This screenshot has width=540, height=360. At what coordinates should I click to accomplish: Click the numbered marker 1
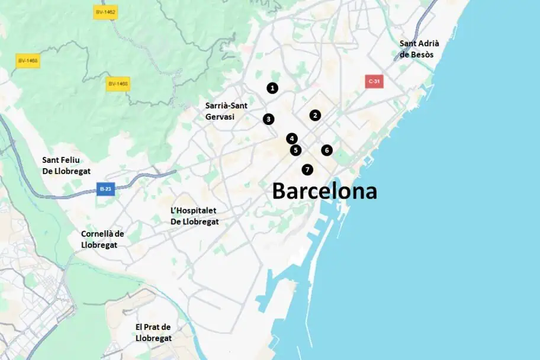point(272,88)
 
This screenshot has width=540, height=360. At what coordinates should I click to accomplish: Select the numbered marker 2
point(315,115)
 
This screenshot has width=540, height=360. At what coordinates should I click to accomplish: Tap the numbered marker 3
point(269,119)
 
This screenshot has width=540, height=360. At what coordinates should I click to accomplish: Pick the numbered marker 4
point(291,139)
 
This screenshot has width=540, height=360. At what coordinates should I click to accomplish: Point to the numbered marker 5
point(295,150)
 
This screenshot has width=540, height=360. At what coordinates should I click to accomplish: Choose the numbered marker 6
point(327,150)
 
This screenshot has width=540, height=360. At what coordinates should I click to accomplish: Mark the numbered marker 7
point(307,170)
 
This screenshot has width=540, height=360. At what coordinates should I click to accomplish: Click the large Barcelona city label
point(324,191)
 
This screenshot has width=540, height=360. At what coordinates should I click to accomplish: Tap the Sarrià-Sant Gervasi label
point(227,111)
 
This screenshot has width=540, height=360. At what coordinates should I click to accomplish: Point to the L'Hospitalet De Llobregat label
point(194,216)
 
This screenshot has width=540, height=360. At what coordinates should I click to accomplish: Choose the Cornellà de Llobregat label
point(102,239)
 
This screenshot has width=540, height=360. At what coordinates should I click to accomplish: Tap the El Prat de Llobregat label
point(153,332)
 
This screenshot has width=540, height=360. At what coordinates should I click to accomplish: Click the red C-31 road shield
point(374,82)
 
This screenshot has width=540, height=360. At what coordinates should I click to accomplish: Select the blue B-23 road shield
point(105,189)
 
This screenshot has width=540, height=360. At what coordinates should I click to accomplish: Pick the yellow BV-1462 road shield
point(105,12)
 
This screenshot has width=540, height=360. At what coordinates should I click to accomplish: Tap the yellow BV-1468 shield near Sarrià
point(118,84)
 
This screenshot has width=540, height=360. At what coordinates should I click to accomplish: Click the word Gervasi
point(220,117)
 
